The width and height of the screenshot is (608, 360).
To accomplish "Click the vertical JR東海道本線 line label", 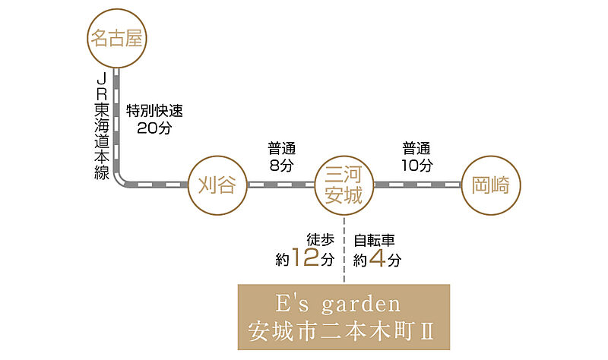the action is (x=102, y=126).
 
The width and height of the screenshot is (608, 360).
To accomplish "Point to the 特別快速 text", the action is (x=154, y=111).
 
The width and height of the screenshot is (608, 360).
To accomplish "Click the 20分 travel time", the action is (x=154, y=128).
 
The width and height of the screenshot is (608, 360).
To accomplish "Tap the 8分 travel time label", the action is (x=281, y=166).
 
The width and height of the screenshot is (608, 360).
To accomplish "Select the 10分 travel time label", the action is (x=416, y=166).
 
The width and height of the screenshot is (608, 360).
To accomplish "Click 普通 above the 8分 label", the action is (x=281, y=148).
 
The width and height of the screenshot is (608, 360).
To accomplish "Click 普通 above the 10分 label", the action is (x=416, y=148).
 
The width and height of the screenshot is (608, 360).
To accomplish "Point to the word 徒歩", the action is (x=320, y=240).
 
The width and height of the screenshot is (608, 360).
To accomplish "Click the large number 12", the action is (x=306, y=257).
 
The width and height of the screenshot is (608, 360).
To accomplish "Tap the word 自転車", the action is (x=374, y=241).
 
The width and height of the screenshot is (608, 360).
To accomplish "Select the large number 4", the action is (x=377, y=257).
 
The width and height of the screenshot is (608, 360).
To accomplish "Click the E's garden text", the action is (x=337, y=304).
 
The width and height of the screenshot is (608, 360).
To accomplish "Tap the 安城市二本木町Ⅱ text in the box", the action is (x=340, y=331).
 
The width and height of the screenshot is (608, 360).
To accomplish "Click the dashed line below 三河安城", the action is (x=344, y=249).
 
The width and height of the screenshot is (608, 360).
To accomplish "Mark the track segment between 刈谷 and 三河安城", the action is (x=280, y=185).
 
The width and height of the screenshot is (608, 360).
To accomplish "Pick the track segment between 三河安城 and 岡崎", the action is (x=417, y=185).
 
